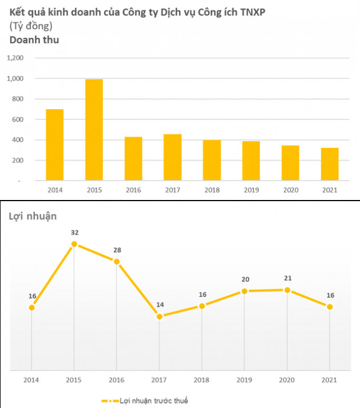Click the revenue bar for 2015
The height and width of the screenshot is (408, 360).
tap(94, 130)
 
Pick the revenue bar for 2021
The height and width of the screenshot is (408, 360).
tap(330, 164)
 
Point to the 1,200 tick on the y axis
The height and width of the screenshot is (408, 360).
tap(15, 58)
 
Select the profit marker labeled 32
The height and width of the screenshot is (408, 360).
tap(74, 244)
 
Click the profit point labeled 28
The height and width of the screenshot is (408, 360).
tap(117, 262)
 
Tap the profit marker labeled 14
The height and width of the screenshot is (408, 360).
tap(159, 316)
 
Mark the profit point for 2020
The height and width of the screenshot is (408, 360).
tap(287, 290)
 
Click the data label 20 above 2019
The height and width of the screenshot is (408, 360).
tap(245, 279)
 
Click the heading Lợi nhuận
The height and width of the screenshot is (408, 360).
tap(33, 216)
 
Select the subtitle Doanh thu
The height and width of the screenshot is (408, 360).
tap(34, 40)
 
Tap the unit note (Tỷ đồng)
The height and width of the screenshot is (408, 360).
tap(31, 26)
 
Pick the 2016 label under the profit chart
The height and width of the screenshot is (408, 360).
tap(117, 379)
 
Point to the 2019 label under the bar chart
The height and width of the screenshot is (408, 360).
tap(251, 190)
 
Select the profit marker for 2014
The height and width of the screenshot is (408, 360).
tap(32, 307)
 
